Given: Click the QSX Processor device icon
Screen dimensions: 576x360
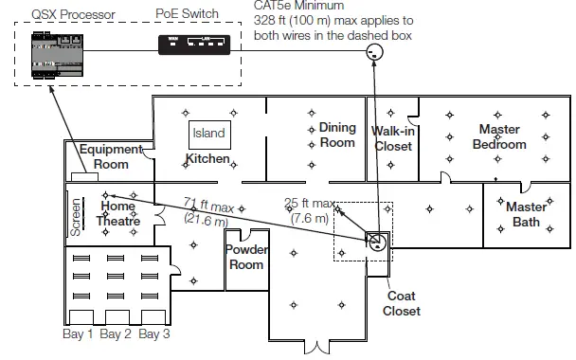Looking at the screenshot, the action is click(x=57, y=55).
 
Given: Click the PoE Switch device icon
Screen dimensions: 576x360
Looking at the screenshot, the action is click(x=194, y=45).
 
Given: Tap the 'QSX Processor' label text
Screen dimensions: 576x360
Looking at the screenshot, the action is click(x=73, y=15).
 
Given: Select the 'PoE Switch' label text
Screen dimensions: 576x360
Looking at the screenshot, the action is click(x=187, y=13).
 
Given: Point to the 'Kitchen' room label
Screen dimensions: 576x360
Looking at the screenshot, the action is click(x=207, y=159).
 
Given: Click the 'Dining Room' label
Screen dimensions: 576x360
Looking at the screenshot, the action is click(x=337, y=135).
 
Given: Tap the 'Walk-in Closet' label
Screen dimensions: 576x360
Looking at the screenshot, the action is click(x=393, y=138).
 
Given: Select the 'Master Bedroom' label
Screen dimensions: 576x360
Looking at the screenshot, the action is click(x=499, y=136).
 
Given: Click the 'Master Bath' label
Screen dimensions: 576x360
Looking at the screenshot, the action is click(x=527, y=214).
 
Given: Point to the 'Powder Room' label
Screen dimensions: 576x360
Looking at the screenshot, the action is click(x=246, y=257).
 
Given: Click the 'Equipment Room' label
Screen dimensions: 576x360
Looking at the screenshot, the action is click(x=111, y=156).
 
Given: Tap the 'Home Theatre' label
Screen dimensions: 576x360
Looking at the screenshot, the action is click(x=117, y=213).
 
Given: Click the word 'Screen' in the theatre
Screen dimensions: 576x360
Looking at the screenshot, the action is click(x=75, y=217).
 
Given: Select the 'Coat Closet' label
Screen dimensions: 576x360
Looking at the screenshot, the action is click(x=402, y=303).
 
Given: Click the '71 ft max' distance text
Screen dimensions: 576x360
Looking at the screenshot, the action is click(x=208, y=205).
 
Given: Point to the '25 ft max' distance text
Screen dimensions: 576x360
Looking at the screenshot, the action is click(x=310, y=203).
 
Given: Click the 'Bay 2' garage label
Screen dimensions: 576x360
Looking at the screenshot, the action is click(x=116, y=333).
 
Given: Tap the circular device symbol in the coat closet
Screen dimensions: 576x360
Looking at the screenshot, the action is click(x=377, y=243).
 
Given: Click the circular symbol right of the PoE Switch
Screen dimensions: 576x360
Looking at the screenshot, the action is click(x=375, y=52).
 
